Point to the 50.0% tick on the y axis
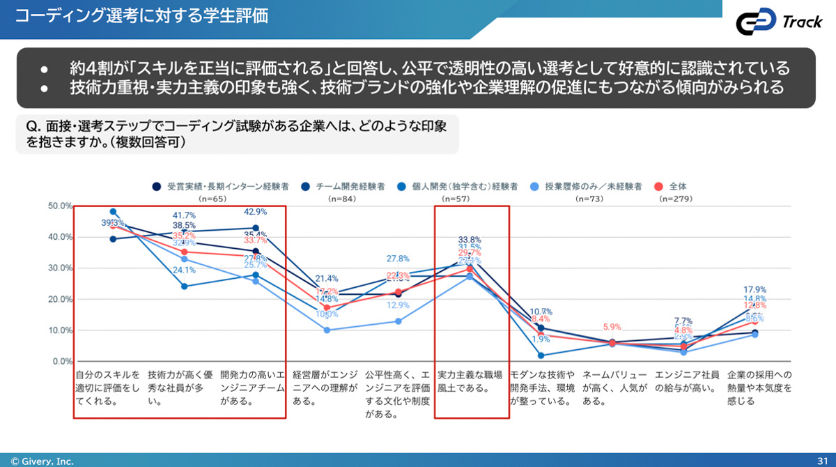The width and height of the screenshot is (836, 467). (60, 206)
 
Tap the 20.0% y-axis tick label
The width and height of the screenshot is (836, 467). (60, 300)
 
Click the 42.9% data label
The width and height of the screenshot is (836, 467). (256, 212)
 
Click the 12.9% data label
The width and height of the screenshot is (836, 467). (398, 305)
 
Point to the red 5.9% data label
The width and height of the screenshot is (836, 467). (612, 327)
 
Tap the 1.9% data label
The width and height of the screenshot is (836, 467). (541, 339)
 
